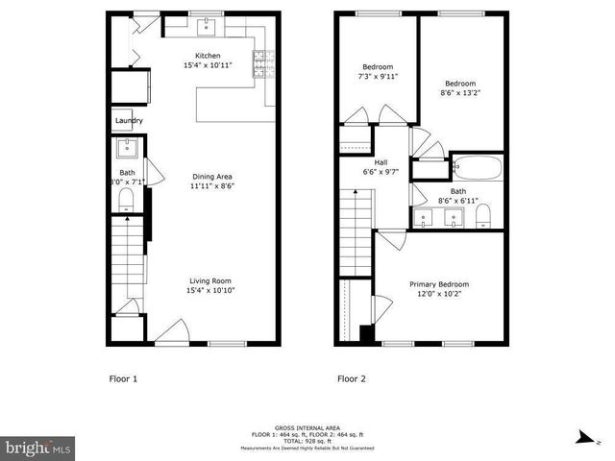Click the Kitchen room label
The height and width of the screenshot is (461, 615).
click(x=209, y=55)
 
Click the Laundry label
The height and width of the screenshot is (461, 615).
click(x=129, y=120)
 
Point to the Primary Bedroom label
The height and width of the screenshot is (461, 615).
click(x=439, y=284)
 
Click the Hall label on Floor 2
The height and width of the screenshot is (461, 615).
click(x=354, y=162)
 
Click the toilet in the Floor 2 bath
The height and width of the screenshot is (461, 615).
click(x=484, y=213)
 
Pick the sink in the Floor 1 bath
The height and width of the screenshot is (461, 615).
click(x=126, y=148)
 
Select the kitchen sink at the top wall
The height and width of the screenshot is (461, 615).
click(x=207, y=24)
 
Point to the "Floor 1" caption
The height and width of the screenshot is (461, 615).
click(x=123, y=378)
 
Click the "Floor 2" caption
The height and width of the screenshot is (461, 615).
click(x=352, y=378)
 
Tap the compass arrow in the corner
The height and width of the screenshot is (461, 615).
click(x=583, y=437)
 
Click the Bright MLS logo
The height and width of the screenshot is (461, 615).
click(x=37, y=448)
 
